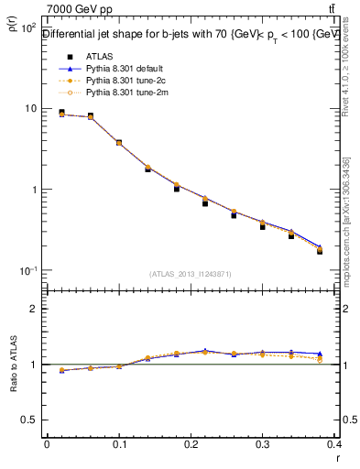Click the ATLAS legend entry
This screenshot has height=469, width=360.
coord(93,56)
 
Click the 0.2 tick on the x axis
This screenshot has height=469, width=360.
coord(191,444)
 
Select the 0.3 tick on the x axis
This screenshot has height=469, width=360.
coord(264,444)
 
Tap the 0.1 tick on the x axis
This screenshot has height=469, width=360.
coord(119,444)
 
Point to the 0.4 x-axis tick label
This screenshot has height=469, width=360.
coord(335,444)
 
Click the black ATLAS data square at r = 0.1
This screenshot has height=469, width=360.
coord(119,143)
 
